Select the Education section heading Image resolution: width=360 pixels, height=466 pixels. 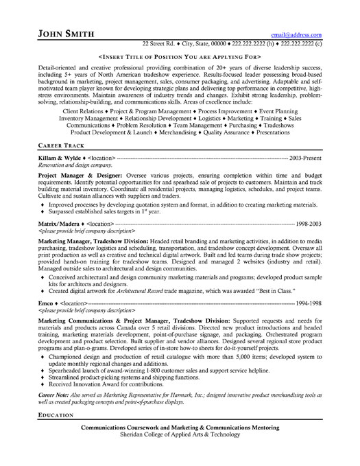(58, 435)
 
